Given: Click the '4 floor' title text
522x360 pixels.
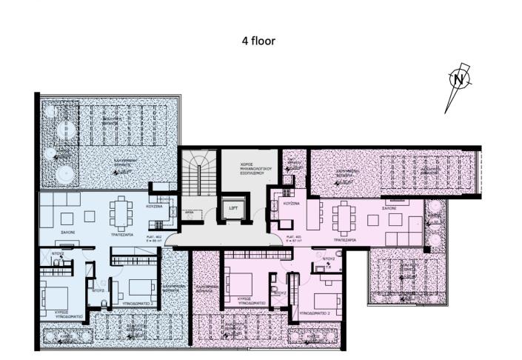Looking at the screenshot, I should pyautogui.click(x=258, y=41).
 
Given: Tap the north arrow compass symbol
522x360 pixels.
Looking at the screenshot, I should pyautogui.click(x=459, y=79).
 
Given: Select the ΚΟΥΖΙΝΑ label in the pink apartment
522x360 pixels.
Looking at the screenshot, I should pyautogui.click(x=291, y=203).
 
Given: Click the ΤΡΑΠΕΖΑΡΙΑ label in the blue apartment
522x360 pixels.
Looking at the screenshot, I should pyautogui.click(x=120, y=232).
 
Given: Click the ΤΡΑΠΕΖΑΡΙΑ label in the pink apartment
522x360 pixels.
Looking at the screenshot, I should pyautogui.click(x=345, y=239).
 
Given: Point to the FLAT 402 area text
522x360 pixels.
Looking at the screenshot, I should pyautogui.click(x=154, y=239).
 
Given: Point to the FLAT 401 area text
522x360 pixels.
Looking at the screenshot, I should pyautogui.click(x=292, y=239).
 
